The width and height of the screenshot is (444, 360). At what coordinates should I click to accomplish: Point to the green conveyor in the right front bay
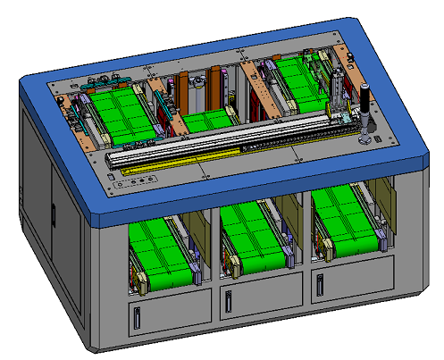tap(344, 223)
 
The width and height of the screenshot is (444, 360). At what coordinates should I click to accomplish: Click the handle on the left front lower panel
tap(138, 314)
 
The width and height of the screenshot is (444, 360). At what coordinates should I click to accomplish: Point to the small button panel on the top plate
tap(134, 183)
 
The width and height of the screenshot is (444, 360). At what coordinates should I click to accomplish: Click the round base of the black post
tap(364, 141)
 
